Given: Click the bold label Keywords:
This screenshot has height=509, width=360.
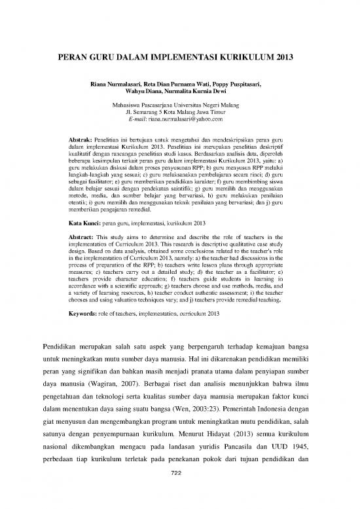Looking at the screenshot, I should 84,313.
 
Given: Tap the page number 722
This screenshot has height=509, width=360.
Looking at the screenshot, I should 179,493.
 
